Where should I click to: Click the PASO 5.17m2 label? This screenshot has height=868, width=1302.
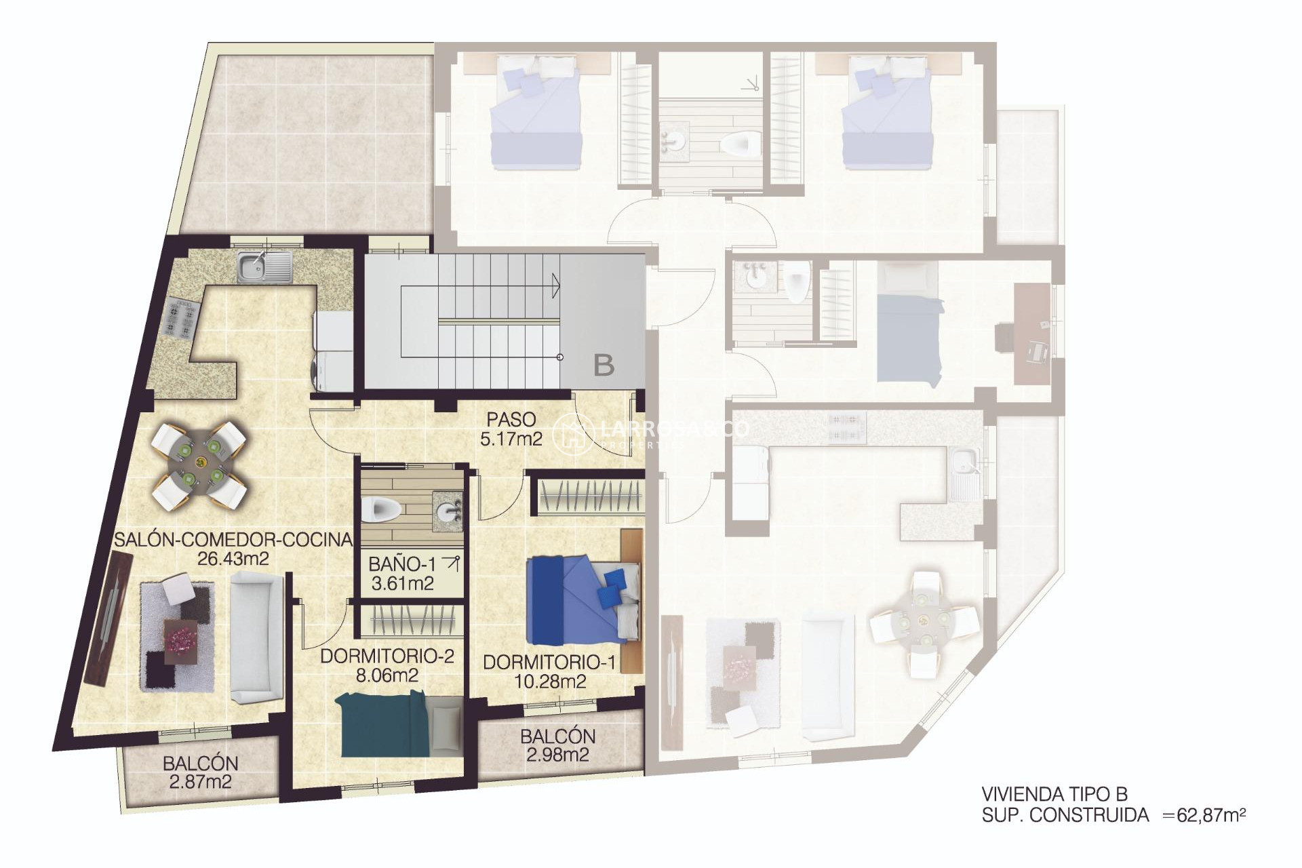(511, 429)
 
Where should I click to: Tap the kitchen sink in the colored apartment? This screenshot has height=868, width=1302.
(264, 267)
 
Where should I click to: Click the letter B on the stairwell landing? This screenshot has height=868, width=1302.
(604, 366)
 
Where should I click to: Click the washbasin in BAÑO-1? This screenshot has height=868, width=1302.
(448, 510)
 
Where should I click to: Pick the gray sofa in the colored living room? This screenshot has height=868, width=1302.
(256, 636)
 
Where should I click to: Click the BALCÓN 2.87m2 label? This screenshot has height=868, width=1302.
(200, 772)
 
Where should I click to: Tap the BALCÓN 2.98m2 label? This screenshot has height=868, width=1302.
(557, 745)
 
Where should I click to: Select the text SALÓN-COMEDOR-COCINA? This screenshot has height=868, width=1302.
(233, 540)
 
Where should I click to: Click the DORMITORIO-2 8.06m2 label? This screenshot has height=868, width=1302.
(387, 665)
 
